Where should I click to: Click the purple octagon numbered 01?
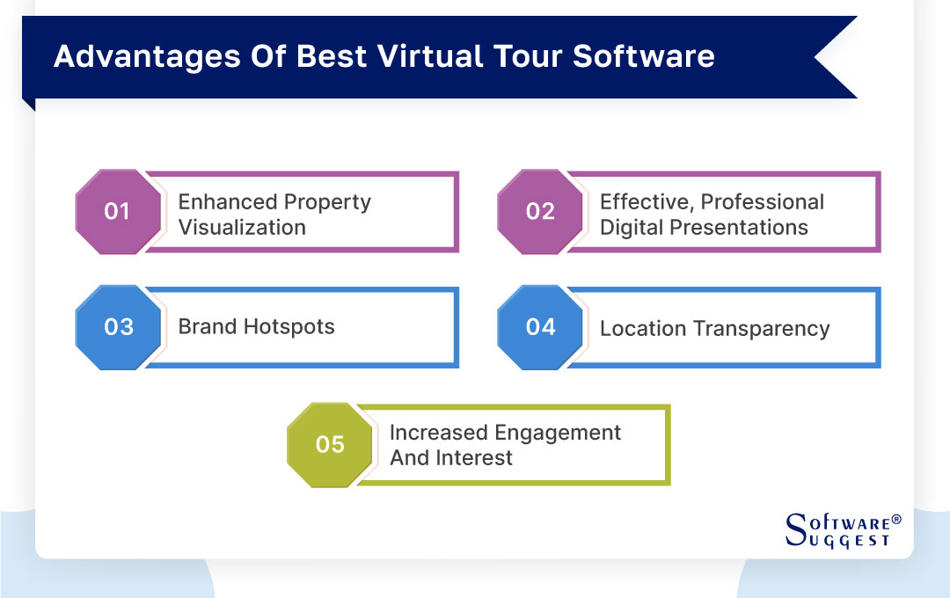point(118,212)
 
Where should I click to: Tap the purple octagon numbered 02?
point(540,212)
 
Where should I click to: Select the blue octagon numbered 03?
point(118,327)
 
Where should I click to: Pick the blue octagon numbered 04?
point(540,327)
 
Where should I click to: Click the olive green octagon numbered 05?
point(330,445)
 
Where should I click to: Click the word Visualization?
point(242,228)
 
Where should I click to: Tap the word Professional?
point(763,202)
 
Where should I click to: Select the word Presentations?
point(738,228)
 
